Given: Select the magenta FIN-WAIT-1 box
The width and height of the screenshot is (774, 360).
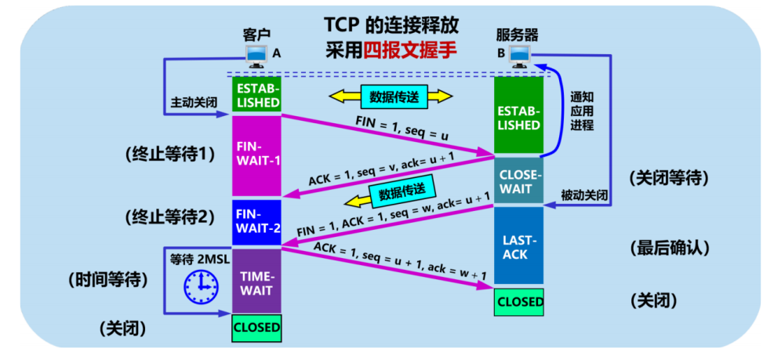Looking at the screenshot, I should point(256,155).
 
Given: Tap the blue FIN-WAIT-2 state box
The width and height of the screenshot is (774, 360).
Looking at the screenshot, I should point(256,222).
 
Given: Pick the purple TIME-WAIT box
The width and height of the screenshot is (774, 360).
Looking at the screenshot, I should point(256,280).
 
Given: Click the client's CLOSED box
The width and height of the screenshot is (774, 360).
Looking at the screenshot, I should point(256,327).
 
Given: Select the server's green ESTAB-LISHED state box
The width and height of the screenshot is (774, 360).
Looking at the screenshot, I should point(519,116).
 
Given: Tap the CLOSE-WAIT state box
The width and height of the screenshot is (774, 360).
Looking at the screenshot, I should point(519,181).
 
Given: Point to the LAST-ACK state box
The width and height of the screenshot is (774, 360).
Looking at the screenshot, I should point(519,245).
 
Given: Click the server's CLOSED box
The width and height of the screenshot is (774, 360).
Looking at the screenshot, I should point(519,301).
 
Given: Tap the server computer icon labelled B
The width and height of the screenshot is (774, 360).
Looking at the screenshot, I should point(518,56).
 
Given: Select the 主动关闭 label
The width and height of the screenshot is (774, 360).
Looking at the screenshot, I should point(192,103).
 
